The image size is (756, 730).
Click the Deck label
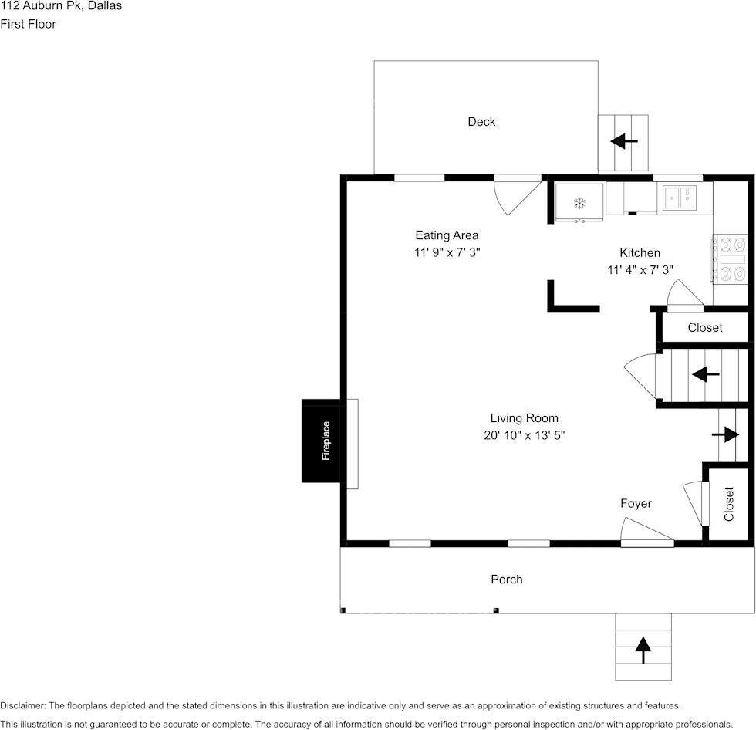click(481, 121)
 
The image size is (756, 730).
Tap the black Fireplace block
click(321, 441)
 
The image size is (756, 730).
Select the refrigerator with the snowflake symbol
click(579, 202)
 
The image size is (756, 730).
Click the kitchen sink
click(680, 198)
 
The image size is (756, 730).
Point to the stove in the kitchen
click(726, 259)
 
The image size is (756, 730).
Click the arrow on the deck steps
click(624, 141)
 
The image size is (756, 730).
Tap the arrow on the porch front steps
click(643, 650)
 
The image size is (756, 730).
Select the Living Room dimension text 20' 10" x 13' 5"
click(524, 435)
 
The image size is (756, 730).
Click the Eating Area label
click(447, 235)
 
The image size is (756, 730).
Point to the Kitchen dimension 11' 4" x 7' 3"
click(640, 270)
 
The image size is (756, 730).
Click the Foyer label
click(636, 503)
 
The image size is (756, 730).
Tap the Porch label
click(507, 579)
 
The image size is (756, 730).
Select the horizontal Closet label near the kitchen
click(705, 328)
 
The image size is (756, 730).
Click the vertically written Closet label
click(728, 504)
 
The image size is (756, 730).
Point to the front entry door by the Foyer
click(646, 532)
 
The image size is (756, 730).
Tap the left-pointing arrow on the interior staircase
click(706, 374)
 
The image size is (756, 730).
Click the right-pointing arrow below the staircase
click(726, 434)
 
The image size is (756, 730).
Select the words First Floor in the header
click(28, 24)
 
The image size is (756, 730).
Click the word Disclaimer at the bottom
click(22, 705)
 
